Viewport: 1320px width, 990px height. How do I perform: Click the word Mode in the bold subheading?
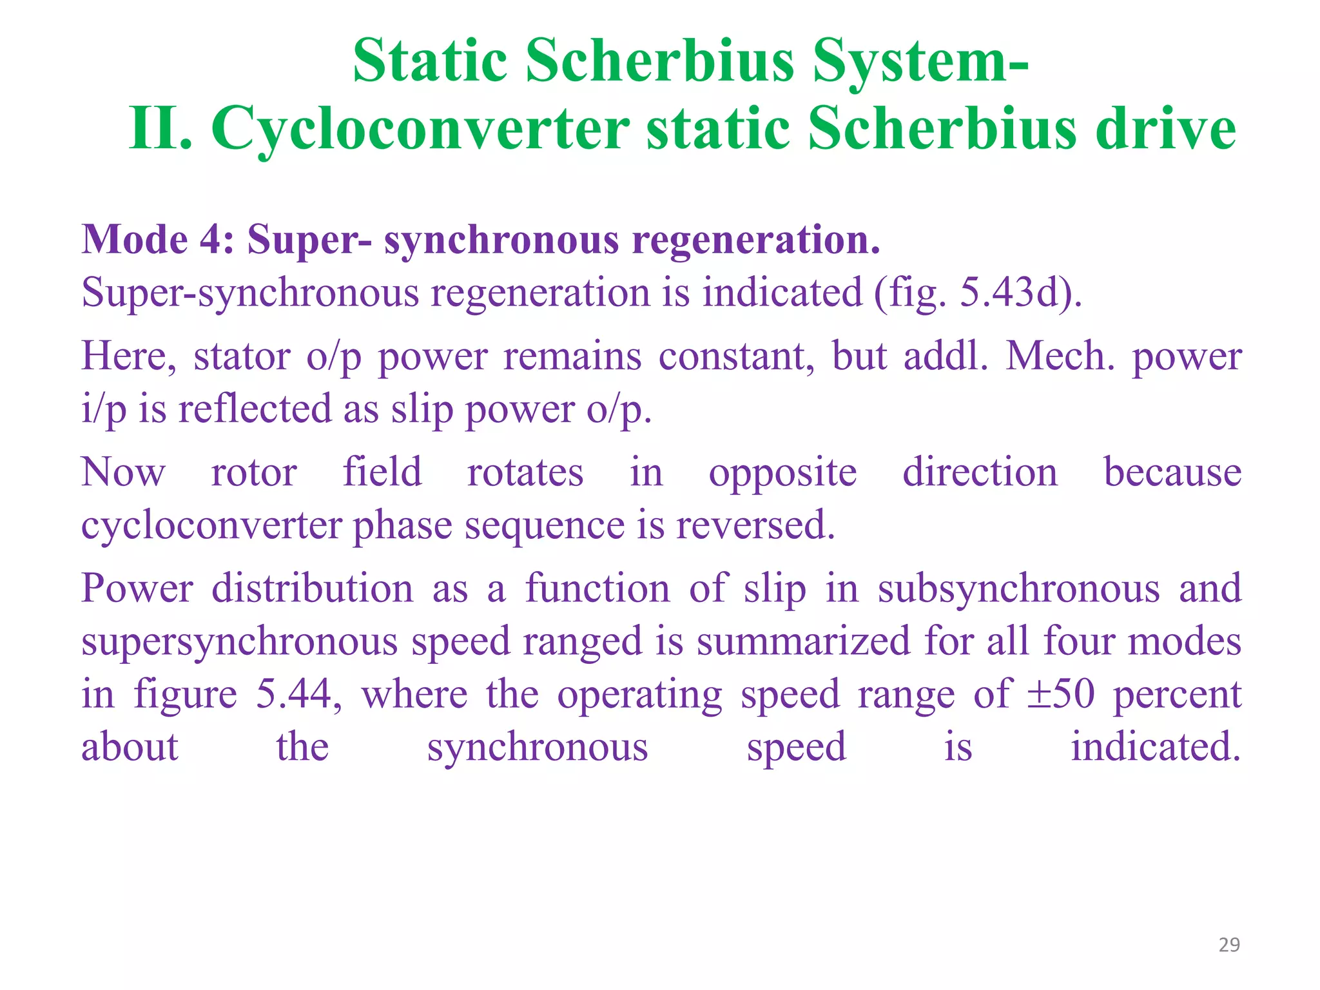coord(135,240)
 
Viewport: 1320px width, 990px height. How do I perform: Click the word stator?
coord(242,356)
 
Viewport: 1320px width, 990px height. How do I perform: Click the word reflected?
coord(255,409)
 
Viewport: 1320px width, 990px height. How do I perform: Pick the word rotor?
coord(254,472)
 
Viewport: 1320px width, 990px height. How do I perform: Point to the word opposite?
coord(782,474)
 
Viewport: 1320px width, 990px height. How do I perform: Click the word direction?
coord(980,472)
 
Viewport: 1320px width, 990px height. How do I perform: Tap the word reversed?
coord(755,525)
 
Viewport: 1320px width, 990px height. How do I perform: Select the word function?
coord(597,589)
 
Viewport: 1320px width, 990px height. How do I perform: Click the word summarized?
coord(803,642)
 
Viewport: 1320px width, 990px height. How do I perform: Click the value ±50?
coord(1060,695)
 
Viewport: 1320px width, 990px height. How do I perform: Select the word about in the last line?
coord(130,748)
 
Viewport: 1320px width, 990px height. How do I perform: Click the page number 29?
coord(1229,945)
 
